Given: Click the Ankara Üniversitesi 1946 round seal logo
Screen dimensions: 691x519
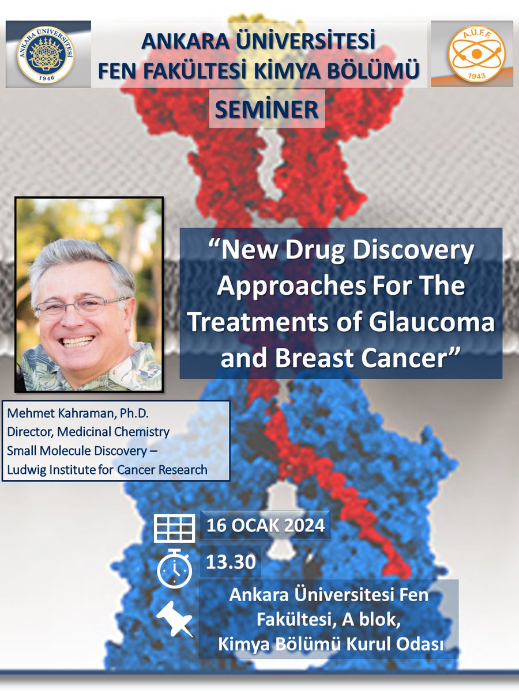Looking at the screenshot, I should tap(46, 54).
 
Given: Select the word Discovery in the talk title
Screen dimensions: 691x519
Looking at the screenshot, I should tap(412, 252).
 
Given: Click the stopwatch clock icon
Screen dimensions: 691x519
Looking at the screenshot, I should tap(174, 567).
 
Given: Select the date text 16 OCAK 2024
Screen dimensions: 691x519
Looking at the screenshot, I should tap(265, 526).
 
